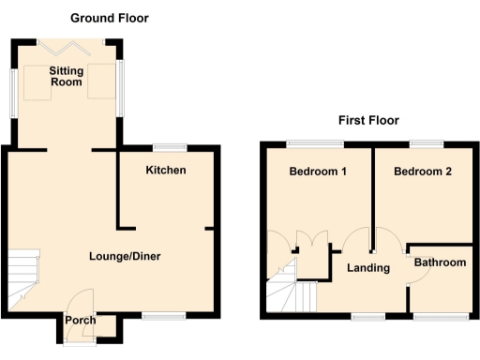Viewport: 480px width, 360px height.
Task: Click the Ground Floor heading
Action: tap(110, 18)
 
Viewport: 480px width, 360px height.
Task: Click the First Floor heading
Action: tap(368, 120)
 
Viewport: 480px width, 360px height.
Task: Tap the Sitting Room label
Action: tap(67, 77)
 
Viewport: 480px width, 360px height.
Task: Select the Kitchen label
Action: tap(166, 170)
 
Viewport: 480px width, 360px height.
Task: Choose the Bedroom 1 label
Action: tap(318, 172)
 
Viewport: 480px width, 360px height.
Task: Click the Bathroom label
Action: tap(440, 262)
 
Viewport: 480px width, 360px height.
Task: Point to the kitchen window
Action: tap(170, 146)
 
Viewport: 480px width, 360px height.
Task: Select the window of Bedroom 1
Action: tap(315, 142)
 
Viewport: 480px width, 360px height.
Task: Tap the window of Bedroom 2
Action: tap(426, 142)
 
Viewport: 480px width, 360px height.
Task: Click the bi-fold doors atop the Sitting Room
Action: tap(67, 41)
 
